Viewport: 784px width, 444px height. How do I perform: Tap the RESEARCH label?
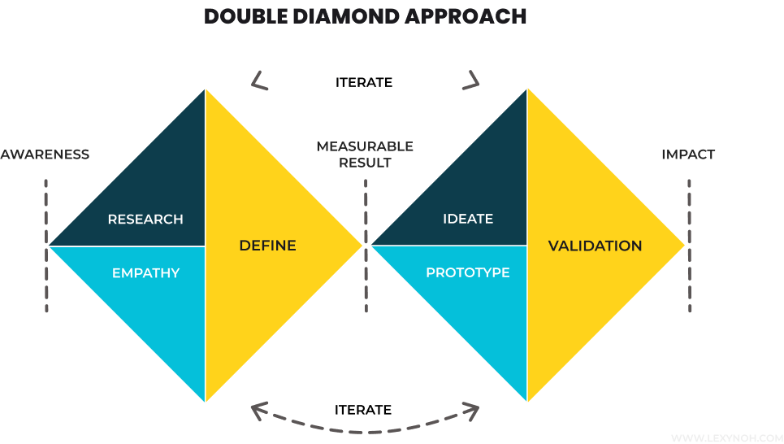[x=145, y=220]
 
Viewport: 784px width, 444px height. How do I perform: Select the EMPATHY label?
[x=145, y=273]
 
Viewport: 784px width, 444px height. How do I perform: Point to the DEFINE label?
[x=267, y=246]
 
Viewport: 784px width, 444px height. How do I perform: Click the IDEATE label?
[x=468, y=220]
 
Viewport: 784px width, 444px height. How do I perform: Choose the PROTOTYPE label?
[x=468, y=273]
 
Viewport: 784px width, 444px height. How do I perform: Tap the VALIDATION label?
[x=595, y=246]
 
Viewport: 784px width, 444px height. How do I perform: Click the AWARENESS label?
[x=45, y=155]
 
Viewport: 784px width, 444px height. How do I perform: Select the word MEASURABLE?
[x=365, y=146]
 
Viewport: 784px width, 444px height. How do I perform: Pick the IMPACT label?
[x=688, y=155]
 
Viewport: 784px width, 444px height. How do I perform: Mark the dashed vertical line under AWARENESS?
[x=46, y=244]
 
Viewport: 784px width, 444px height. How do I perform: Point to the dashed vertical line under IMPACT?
[x=689, y=244]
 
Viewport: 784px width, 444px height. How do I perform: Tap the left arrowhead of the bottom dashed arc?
[x=259, y=411]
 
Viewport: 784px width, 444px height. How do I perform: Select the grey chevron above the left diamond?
[x=259, y=80]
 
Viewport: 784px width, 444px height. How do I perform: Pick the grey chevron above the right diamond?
[x=472, y=80]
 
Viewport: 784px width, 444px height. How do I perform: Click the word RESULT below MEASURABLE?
[x=365, y=163]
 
